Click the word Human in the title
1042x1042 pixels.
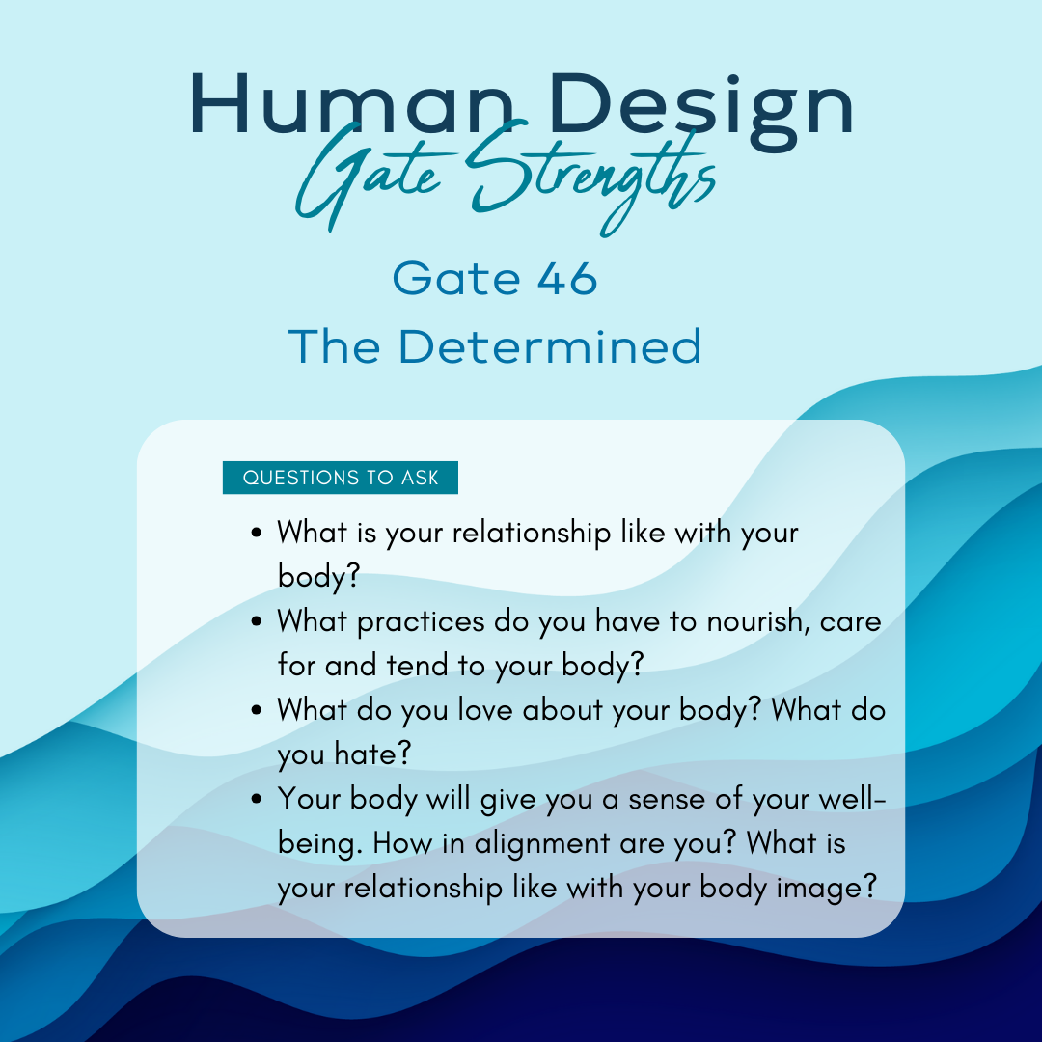coord(352,104)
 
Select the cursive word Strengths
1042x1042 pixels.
coord(591,177)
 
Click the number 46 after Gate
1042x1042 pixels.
coord(567,279)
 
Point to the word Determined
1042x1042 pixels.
coord(550,346)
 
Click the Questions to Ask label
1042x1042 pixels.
coord(341,478)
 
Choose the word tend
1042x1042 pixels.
coord(417,665)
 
